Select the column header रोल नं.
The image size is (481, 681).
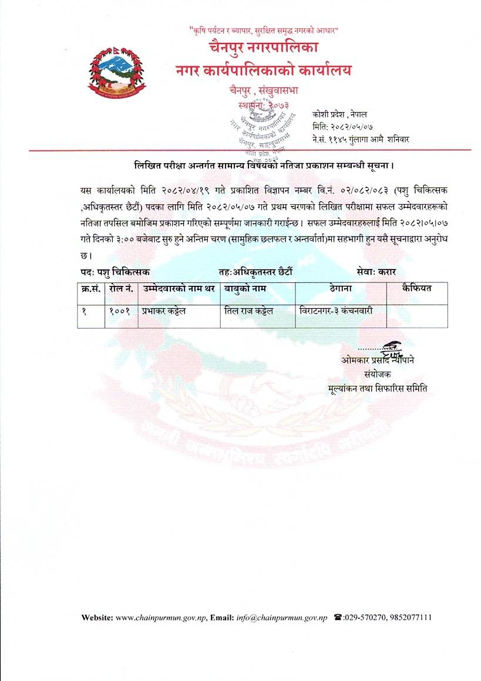coord(120,289)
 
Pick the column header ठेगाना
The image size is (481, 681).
coord(341,289)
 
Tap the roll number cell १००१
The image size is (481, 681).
coord(120,311)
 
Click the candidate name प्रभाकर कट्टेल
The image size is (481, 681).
coord(163,311)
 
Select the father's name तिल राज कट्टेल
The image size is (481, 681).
coord(249,311)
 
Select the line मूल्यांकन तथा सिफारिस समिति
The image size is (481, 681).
coord(378,388)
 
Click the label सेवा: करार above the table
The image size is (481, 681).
coord(376,272)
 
